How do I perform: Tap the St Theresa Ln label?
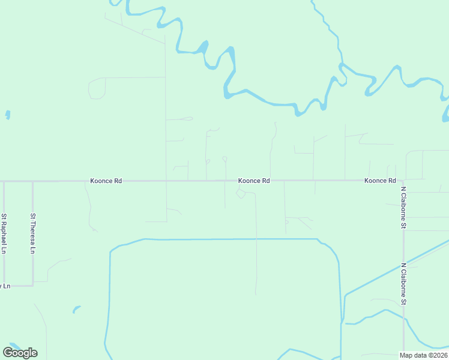tap(33, 233)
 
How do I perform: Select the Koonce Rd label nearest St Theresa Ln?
tap(106, 181)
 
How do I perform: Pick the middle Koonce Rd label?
tap(254, 181)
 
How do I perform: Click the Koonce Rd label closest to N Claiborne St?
tap(380, 181)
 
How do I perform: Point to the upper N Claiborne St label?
tap(403, 207)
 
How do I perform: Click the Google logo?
tap(20, 353)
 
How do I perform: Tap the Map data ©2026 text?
tap(423, 355)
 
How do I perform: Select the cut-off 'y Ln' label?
tap(5, 286)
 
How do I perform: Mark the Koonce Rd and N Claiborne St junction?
tap(403, 180)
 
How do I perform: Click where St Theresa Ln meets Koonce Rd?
tap(33, 181)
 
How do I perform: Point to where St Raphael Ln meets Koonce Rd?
tap(4, 181)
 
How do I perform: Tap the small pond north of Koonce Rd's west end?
tap(8, 114)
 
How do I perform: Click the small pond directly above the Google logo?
tap(76, 310)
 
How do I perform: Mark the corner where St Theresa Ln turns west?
tap(33, 285)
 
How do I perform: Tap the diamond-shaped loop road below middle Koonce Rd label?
tap(241, 193)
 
